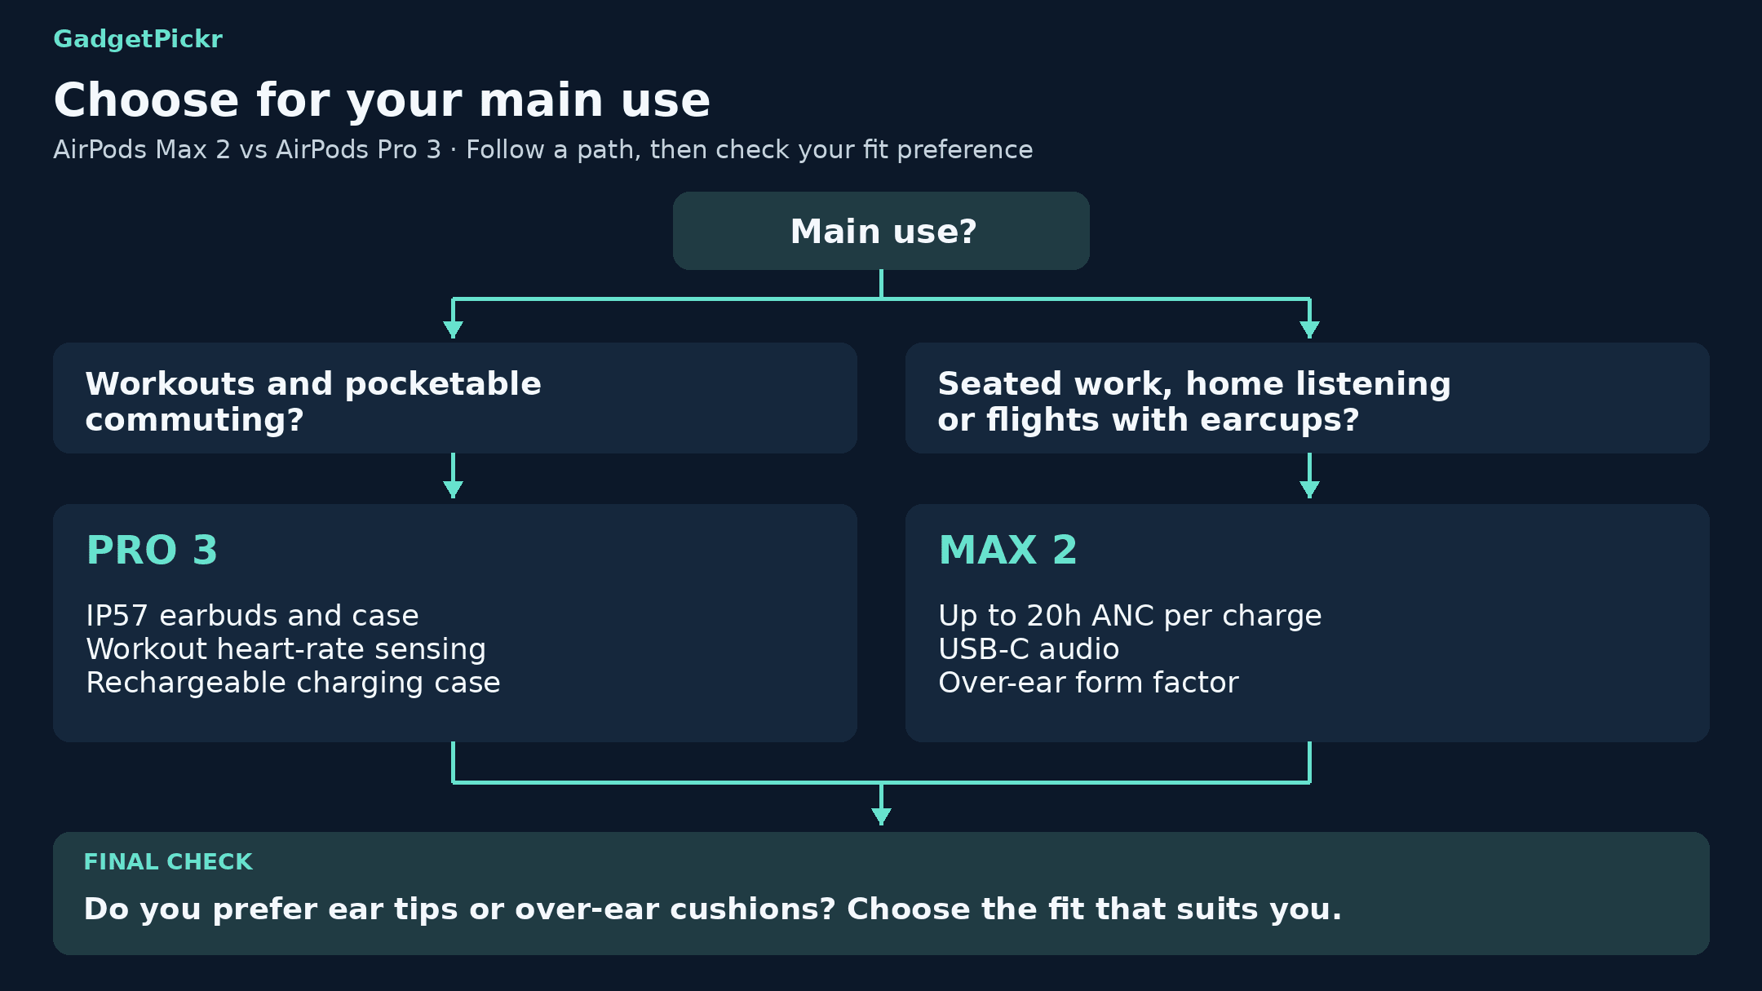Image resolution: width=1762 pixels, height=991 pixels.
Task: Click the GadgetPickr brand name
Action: coord(138,39)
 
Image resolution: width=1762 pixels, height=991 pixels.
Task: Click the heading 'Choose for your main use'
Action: coord(382,100)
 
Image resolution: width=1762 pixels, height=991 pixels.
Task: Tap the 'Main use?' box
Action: coord(881,231)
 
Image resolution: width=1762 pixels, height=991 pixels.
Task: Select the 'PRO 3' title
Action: coord(152,550)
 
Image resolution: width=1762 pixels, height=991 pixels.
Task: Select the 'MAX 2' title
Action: coord(1008,550)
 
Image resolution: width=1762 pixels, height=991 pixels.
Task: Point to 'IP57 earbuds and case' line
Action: coord(252,616)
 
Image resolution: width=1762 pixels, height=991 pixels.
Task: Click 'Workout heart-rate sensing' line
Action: coord(286,649)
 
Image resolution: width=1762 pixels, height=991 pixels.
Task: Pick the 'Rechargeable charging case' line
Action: coord(293,683)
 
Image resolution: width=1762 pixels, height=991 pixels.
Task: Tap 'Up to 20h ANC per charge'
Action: coord(1130,616)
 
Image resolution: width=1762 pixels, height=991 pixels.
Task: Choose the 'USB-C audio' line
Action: coord(1029,649)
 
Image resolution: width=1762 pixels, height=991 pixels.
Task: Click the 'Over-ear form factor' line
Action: coord(1088,683)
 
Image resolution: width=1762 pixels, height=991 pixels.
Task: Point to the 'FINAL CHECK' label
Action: coord(168,862)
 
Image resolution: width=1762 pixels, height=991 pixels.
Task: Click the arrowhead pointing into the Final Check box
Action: coord(881,816)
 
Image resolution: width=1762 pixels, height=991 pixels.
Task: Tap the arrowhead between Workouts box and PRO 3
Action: coord(453,489)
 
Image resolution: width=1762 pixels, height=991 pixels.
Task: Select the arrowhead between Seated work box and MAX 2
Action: coord(1309,489)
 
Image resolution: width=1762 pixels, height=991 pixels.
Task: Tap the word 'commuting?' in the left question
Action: coord(194,421)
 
